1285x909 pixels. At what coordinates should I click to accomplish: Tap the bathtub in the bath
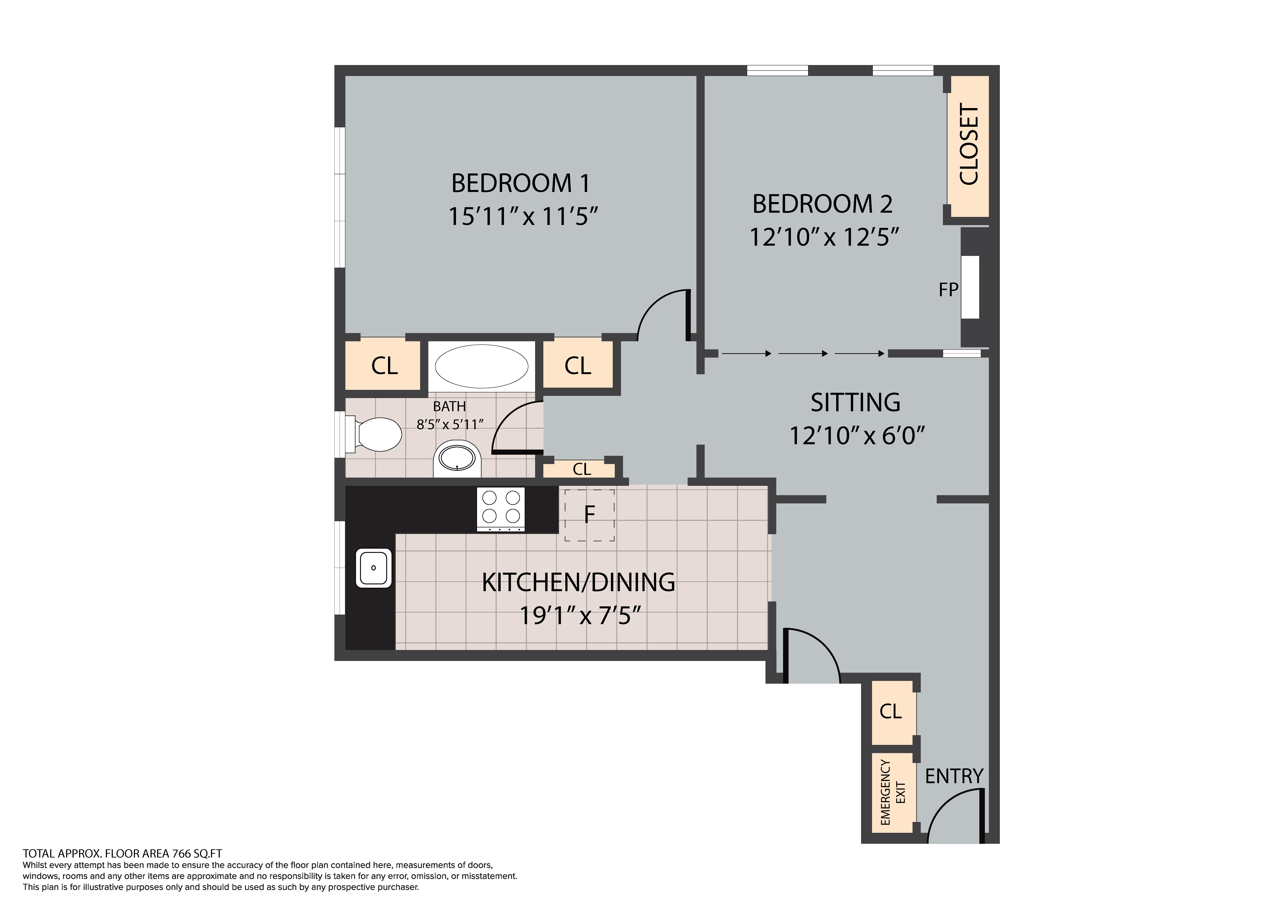pyautogui.click(x=481, y=367)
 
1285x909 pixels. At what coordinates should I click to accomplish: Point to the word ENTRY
pyautogui.click(x=954, y=776)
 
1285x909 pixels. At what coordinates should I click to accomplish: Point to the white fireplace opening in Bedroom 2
pyautogui.click(x=970, y=287)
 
